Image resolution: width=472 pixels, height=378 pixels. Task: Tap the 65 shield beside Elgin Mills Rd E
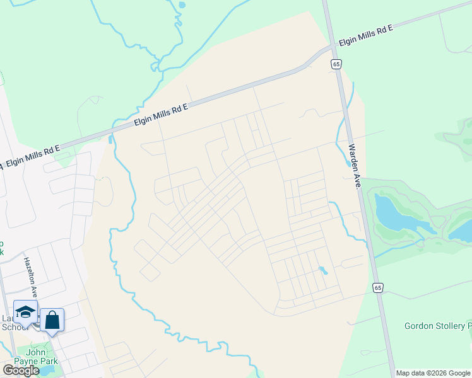coord(336,64)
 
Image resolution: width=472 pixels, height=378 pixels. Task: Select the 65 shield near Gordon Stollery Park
coord(377,287)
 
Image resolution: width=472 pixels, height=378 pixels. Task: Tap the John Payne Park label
coord(38,357)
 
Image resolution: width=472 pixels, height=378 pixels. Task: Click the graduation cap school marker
coord(25,312)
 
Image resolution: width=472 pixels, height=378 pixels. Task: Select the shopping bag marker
coord(52,321)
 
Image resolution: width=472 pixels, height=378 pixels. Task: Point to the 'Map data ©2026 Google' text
coord(433,373)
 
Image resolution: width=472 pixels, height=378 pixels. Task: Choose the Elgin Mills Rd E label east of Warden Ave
coord(366,35)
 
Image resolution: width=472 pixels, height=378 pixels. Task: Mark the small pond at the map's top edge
coord(182,5)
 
